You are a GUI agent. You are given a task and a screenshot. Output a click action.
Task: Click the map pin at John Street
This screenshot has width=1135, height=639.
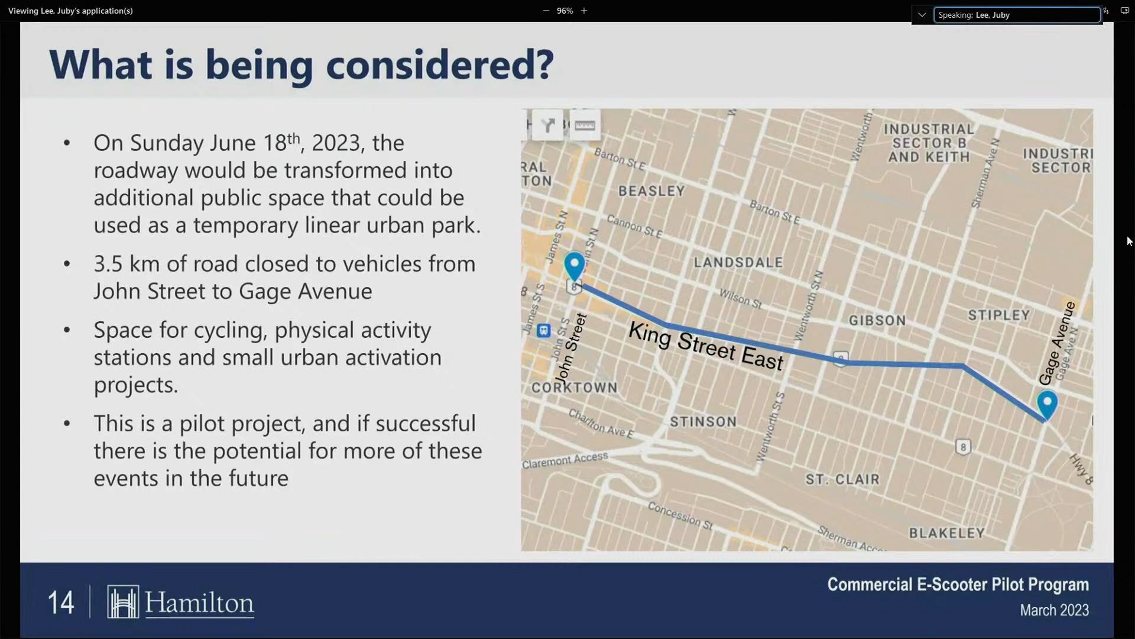(x=574, y=266)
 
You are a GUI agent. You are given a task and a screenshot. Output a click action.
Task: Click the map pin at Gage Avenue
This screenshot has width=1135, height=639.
(x=1047, y=404)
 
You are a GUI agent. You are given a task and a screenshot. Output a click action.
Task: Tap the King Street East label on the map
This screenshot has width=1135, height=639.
(x=706, y=346)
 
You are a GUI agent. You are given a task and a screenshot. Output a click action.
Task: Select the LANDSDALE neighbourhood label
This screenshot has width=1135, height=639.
(x=738, y=262)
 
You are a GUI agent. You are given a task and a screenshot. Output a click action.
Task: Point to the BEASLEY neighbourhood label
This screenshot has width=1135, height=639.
(x=651, y=191)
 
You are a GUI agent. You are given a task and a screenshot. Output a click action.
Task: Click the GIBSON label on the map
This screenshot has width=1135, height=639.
(x=877, y=321)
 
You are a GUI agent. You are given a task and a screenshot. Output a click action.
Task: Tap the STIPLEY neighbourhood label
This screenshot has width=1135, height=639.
(x=998, y=315)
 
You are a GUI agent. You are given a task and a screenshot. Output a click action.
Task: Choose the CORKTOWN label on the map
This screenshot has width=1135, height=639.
(x=574, y=388)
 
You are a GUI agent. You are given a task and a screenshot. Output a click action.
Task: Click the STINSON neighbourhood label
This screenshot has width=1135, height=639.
(x=703, y=422)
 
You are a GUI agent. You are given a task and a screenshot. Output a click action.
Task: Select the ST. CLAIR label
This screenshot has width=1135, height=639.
(x=842, y=479)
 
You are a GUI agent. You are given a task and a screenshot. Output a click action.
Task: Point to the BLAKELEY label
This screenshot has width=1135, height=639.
(x=946, y=533)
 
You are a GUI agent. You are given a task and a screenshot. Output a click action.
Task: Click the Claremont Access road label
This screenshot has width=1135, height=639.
(x=565, y=460)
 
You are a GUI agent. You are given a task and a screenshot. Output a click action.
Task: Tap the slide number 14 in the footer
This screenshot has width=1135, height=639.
(x=61, y=603)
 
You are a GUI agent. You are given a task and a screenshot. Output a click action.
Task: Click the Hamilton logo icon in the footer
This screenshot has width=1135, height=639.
(x=123, y=602)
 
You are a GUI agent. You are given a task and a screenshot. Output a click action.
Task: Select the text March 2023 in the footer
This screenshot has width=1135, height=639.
(x=1053, y=610)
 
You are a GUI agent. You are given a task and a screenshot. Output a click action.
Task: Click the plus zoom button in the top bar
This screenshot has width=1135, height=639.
(x=584, y=11)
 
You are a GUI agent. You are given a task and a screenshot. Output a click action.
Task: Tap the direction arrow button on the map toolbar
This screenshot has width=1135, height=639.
(x=548, y=125)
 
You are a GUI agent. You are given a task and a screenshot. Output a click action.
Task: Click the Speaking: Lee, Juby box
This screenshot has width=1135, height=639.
(x=1016, y=15)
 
